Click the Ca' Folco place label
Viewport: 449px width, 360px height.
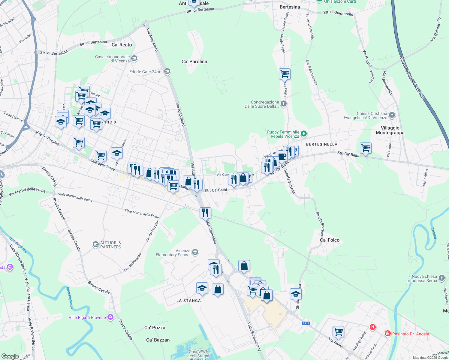[x=330, y=240]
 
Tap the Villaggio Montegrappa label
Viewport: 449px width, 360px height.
[x=390, y=130]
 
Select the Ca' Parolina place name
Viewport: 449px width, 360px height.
[x=194, y=61]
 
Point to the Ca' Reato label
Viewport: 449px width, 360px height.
[x=122, y=45]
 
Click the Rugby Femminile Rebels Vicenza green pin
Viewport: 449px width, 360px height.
[x=304, y=134]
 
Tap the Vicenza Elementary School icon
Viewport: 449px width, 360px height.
[x=195, y=252]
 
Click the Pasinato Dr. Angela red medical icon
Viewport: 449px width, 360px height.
[x=387, y=334]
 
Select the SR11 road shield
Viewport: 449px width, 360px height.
[x=306, y=323]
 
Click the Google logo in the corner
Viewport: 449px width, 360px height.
[x=10, y=356]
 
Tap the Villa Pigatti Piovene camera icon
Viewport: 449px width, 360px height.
[x=110, y=317]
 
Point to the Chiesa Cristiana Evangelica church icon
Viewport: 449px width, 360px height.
[x=392, y=115]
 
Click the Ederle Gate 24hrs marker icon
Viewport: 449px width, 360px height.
[x=167, y=71]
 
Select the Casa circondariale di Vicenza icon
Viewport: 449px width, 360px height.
[x=134, y=58]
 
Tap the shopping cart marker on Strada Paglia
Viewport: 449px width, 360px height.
[x=285, y=73]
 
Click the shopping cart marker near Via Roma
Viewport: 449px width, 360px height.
[x=338, y=331]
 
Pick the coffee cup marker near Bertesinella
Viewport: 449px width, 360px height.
[x=282, y=156]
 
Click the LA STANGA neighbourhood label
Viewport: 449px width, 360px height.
[x=188, y=301]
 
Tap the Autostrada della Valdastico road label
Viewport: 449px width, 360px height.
[x=411, y=77]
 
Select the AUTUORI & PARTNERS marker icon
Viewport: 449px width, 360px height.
[x=95, y=245]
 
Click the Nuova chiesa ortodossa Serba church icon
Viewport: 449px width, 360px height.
[x=441, y=278]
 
